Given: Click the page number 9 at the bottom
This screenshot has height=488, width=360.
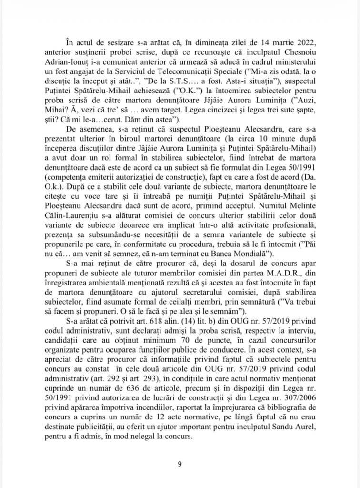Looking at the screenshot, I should (180, 465).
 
